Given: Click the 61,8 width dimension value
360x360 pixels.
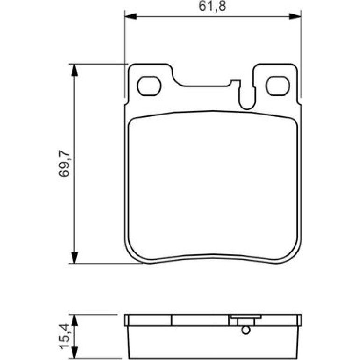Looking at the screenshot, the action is coord(212,6).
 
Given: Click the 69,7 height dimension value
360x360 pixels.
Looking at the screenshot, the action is coord(64,164).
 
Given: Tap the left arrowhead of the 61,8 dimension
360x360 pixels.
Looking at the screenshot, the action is coord(130,16).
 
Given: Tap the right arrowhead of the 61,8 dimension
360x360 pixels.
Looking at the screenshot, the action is coord(295,16).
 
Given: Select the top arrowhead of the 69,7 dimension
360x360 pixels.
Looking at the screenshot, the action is coord(74,70).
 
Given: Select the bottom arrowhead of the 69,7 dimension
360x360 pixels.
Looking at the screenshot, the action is coord(74,258).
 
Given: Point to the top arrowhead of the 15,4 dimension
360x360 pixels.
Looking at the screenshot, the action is coord(74,320).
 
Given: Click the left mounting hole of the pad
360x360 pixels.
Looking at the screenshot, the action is coord(149,86).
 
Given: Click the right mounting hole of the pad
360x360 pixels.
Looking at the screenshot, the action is coord(278,86).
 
